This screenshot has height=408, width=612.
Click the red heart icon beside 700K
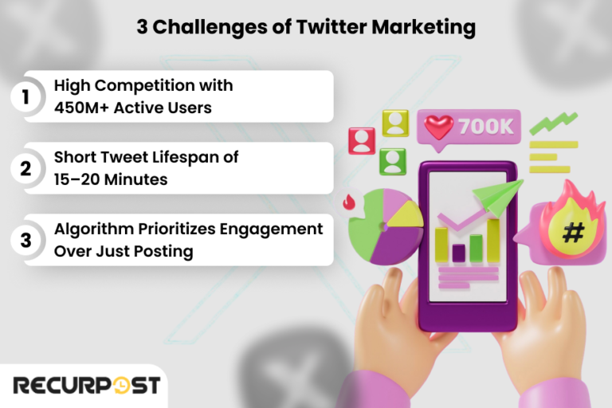point(438,126)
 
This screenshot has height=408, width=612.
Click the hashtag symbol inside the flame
point(573,233)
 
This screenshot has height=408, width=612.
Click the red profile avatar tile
point(362,140)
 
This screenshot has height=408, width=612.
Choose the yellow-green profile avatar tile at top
point(394,122)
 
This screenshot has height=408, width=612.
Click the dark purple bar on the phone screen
point(458,253)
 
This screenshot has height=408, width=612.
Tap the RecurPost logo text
point(85,386)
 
